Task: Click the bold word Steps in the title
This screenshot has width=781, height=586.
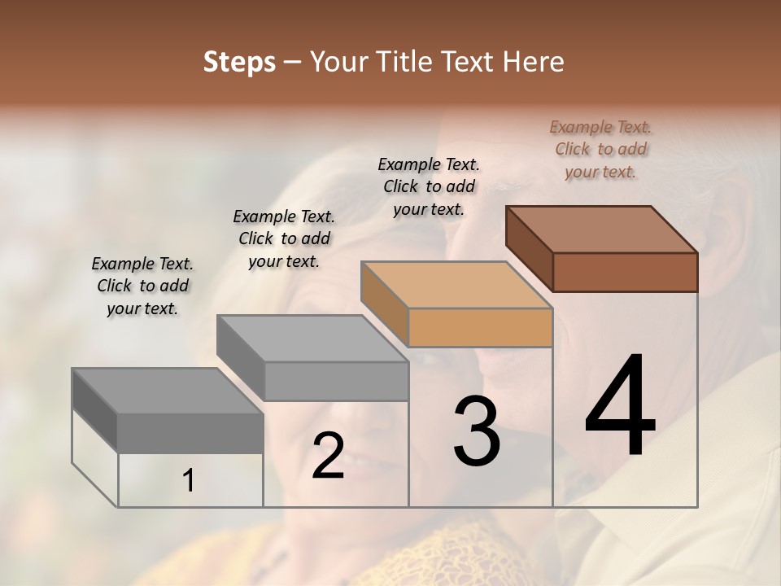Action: [239, 62]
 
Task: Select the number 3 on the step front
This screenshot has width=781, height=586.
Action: [477, 431]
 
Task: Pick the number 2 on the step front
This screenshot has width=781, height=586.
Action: [328, 456]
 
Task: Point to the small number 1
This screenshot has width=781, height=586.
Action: [189, 481]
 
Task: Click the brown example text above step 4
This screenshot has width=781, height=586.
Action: [600, 149]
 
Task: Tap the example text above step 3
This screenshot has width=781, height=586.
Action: [429, 186]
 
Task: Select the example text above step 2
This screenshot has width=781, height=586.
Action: [284, 238]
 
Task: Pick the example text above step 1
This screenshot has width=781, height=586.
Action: [142, 286]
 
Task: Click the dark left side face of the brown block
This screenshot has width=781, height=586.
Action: [530, 247]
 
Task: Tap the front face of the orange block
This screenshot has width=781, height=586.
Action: [480, 327]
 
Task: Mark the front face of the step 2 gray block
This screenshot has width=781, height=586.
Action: [336, 381]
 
